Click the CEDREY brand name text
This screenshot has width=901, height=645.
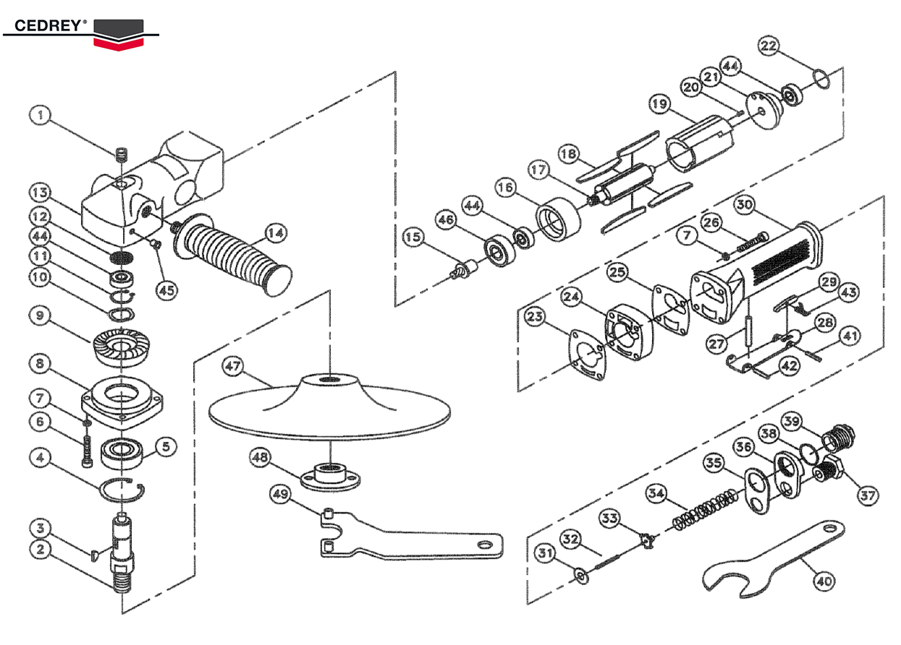coord(45,25)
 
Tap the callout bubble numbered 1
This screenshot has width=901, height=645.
coord(41,115)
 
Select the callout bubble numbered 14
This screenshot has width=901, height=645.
coord(275,233)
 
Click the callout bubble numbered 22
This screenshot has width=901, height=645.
coord(769,46)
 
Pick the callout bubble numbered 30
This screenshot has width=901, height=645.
coord(745,205)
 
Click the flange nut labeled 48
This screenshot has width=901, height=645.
coord(330,476)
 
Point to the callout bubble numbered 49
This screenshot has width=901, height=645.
coord(280,493)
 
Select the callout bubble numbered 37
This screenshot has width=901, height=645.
coord(868,496)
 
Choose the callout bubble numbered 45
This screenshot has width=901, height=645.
coord(167,290)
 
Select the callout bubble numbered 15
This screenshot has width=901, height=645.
coord(413,237)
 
